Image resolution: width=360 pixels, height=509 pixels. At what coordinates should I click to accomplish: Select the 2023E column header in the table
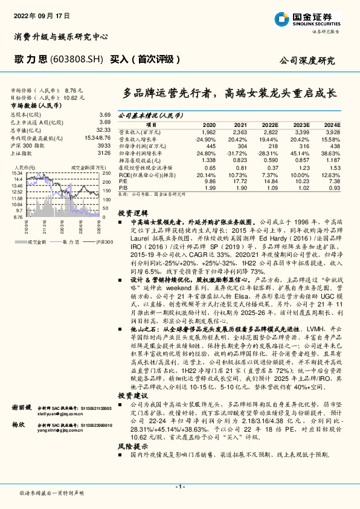point(301,124)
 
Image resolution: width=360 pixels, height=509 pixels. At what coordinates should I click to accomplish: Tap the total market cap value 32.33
point(103,129)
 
